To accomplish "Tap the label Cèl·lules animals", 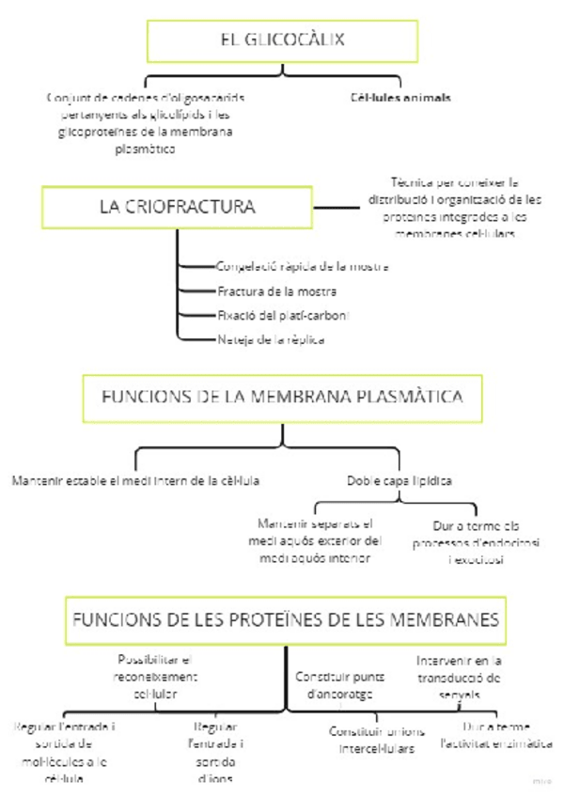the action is pos(400,97).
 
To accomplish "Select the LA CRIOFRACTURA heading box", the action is pos(177,207).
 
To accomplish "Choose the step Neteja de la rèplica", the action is pos(270,339).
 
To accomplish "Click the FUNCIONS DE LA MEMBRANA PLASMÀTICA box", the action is pos(282,398).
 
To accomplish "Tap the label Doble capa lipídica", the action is pos(399,480).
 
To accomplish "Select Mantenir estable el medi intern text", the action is pos(135,480).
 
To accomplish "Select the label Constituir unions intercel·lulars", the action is pos(377,740).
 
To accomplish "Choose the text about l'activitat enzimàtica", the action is pos(497,735).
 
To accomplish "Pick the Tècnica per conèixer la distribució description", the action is pos(455,207).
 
